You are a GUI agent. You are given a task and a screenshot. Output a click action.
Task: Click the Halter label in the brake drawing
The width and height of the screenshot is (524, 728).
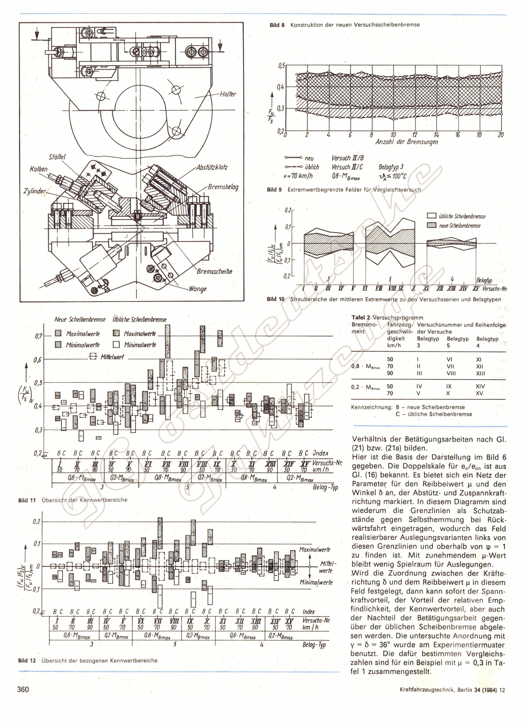[228, 94]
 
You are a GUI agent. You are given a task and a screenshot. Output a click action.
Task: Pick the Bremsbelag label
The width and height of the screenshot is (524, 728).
[223, 187]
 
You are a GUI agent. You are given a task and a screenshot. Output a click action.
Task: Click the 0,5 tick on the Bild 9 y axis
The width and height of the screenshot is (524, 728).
[281, 66]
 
